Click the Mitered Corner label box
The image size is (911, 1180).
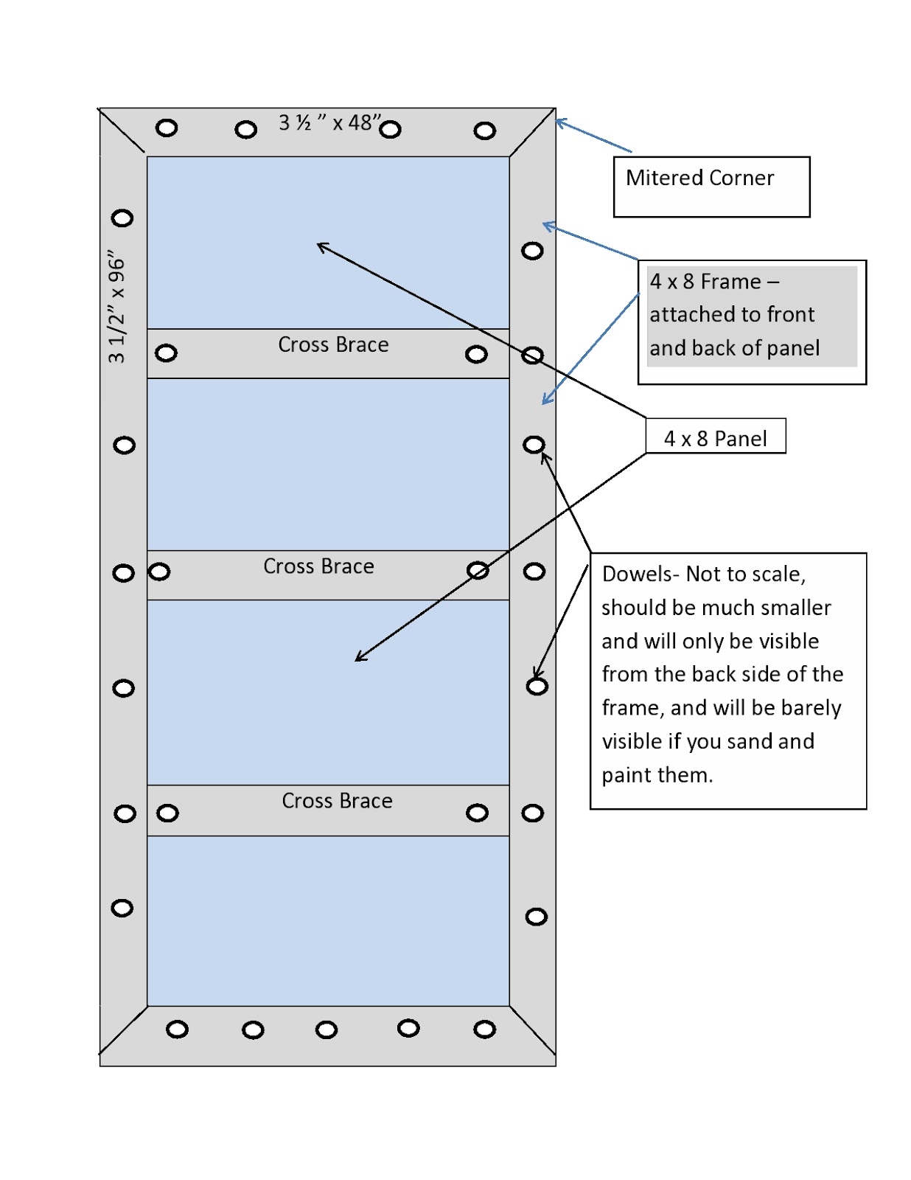[x=711, y=186]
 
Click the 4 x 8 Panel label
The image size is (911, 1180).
[x=715, y=438]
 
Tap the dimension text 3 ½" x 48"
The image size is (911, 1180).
[x=329, y=122]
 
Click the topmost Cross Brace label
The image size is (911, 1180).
[x=333, y=344]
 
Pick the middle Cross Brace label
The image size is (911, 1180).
[x=318, y=566]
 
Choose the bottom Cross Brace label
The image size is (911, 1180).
[x=337, y=801]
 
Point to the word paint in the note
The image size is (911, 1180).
[x=626, y=775]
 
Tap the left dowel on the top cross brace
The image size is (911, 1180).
[x=166, y=353]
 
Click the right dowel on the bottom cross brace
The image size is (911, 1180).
[x=477, y=813]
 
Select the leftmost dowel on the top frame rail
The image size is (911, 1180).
[x=167, y=128]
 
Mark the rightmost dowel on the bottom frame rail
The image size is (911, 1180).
[x=484, y=1029]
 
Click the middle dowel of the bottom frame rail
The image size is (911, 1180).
[x=326, y=1030]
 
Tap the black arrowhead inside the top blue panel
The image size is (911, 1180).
[x=321, y=246]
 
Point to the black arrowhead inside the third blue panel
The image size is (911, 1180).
[x=360, y=657]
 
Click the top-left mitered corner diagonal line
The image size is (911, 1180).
[x=122, y=131]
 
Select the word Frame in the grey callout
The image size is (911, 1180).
[x=730, y=282]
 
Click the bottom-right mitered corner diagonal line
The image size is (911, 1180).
[x=532, y=1030]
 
